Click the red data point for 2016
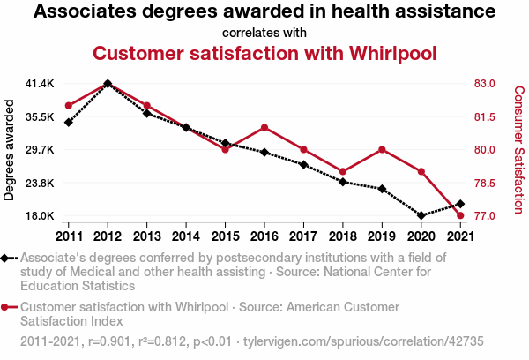coord(264,127)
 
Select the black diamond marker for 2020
coord(421,215)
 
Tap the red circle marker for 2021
coord(460,215)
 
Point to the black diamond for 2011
coord(68,122)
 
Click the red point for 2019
coord(382,149)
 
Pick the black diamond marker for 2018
coord(343,182)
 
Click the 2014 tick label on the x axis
coord(185,236)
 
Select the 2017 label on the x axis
coord(303,236)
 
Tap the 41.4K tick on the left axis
coord(41,84)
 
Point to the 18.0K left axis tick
coord(41,216)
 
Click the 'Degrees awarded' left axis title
coord(10,150)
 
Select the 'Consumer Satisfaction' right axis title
coord(518,150)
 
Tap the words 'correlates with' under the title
coord(264,33)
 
